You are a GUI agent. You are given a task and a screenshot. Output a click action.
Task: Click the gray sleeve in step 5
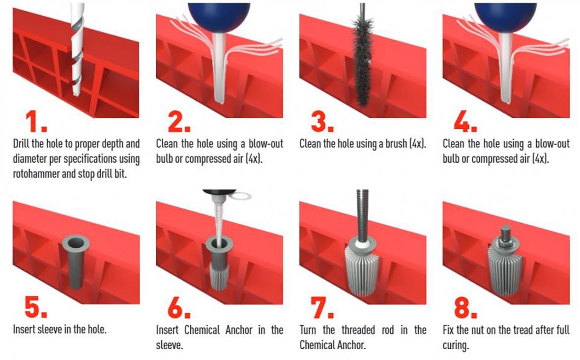(x=76, y=261)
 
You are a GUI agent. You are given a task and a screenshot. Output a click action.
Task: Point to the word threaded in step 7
(x=357, y=330)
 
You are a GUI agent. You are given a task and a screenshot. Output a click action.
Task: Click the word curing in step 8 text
(x=455, y=346)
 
